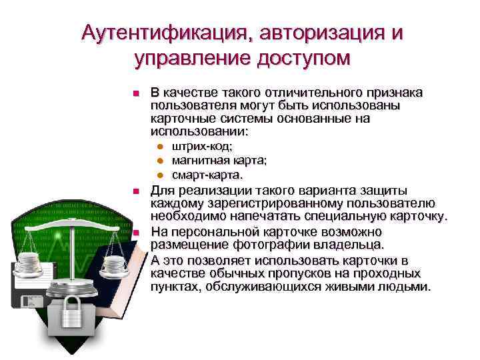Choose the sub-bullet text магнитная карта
click(219, 161)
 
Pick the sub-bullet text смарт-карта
click(207, 175)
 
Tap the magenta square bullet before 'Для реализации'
click(135, 192)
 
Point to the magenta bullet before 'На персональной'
click(135, 233)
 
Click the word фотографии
click(244, 245)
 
